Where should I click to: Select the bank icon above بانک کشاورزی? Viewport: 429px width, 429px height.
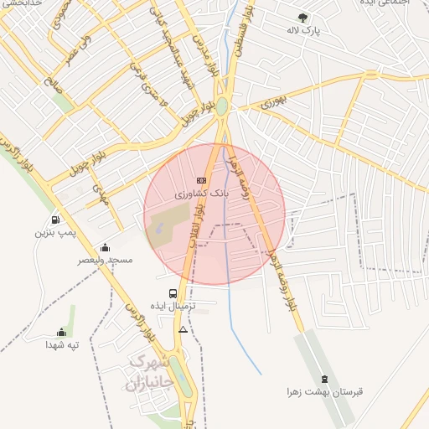200,180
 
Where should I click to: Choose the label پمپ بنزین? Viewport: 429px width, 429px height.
55,232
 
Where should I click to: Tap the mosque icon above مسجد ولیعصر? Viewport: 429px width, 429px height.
106,247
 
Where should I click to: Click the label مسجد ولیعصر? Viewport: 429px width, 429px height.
106,261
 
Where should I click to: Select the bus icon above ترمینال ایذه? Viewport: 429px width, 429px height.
173,293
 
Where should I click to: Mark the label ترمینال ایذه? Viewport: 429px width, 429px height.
173,307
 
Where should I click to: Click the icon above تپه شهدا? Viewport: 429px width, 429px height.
61,332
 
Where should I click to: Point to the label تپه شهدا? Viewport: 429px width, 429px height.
61,344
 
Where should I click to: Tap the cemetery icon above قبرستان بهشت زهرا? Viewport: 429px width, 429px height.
324,380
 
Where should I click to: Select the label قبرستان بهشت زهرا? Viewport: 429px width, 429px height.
324,392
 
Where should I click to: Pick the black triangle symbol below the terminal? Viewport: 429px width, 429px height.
183,329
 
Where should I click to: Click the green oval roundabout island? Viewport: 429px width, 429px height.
221,107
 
